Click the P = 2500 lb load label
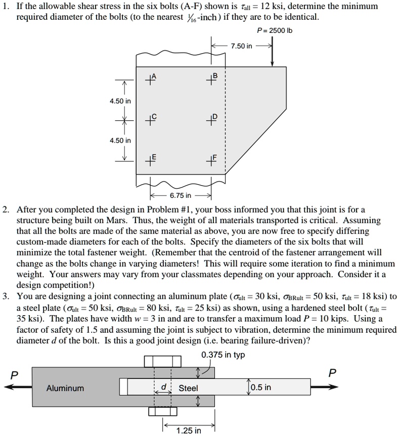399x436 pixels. pyautogui.click(x=275, y=30)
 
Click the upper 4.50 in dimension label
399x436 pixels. pyautogui.click(x=120, y=101)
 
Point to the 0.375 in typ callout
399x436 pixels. pyautogui.click(x=223, y=355)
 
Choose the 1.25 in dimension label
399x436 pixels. pyautogui.click(x=189, y=430)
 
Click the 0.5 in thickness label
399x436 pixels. pyautogui.click(x=260, y=387)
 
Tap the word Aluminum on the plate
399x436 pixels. pyautogui.click(x=65, y=388)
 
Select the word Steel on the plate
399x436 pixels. pyautogui.click(x=189, y=388)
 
